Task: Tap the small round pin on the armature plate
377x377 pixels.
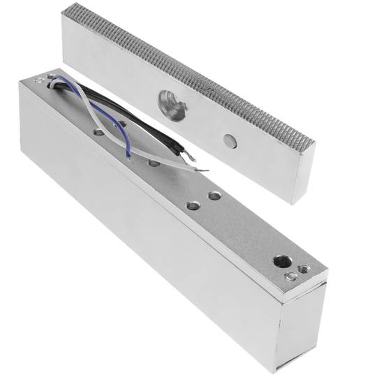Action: tap(229, 140)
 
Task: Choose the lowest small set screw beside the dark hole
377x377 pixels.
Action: tap(289, 278)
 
